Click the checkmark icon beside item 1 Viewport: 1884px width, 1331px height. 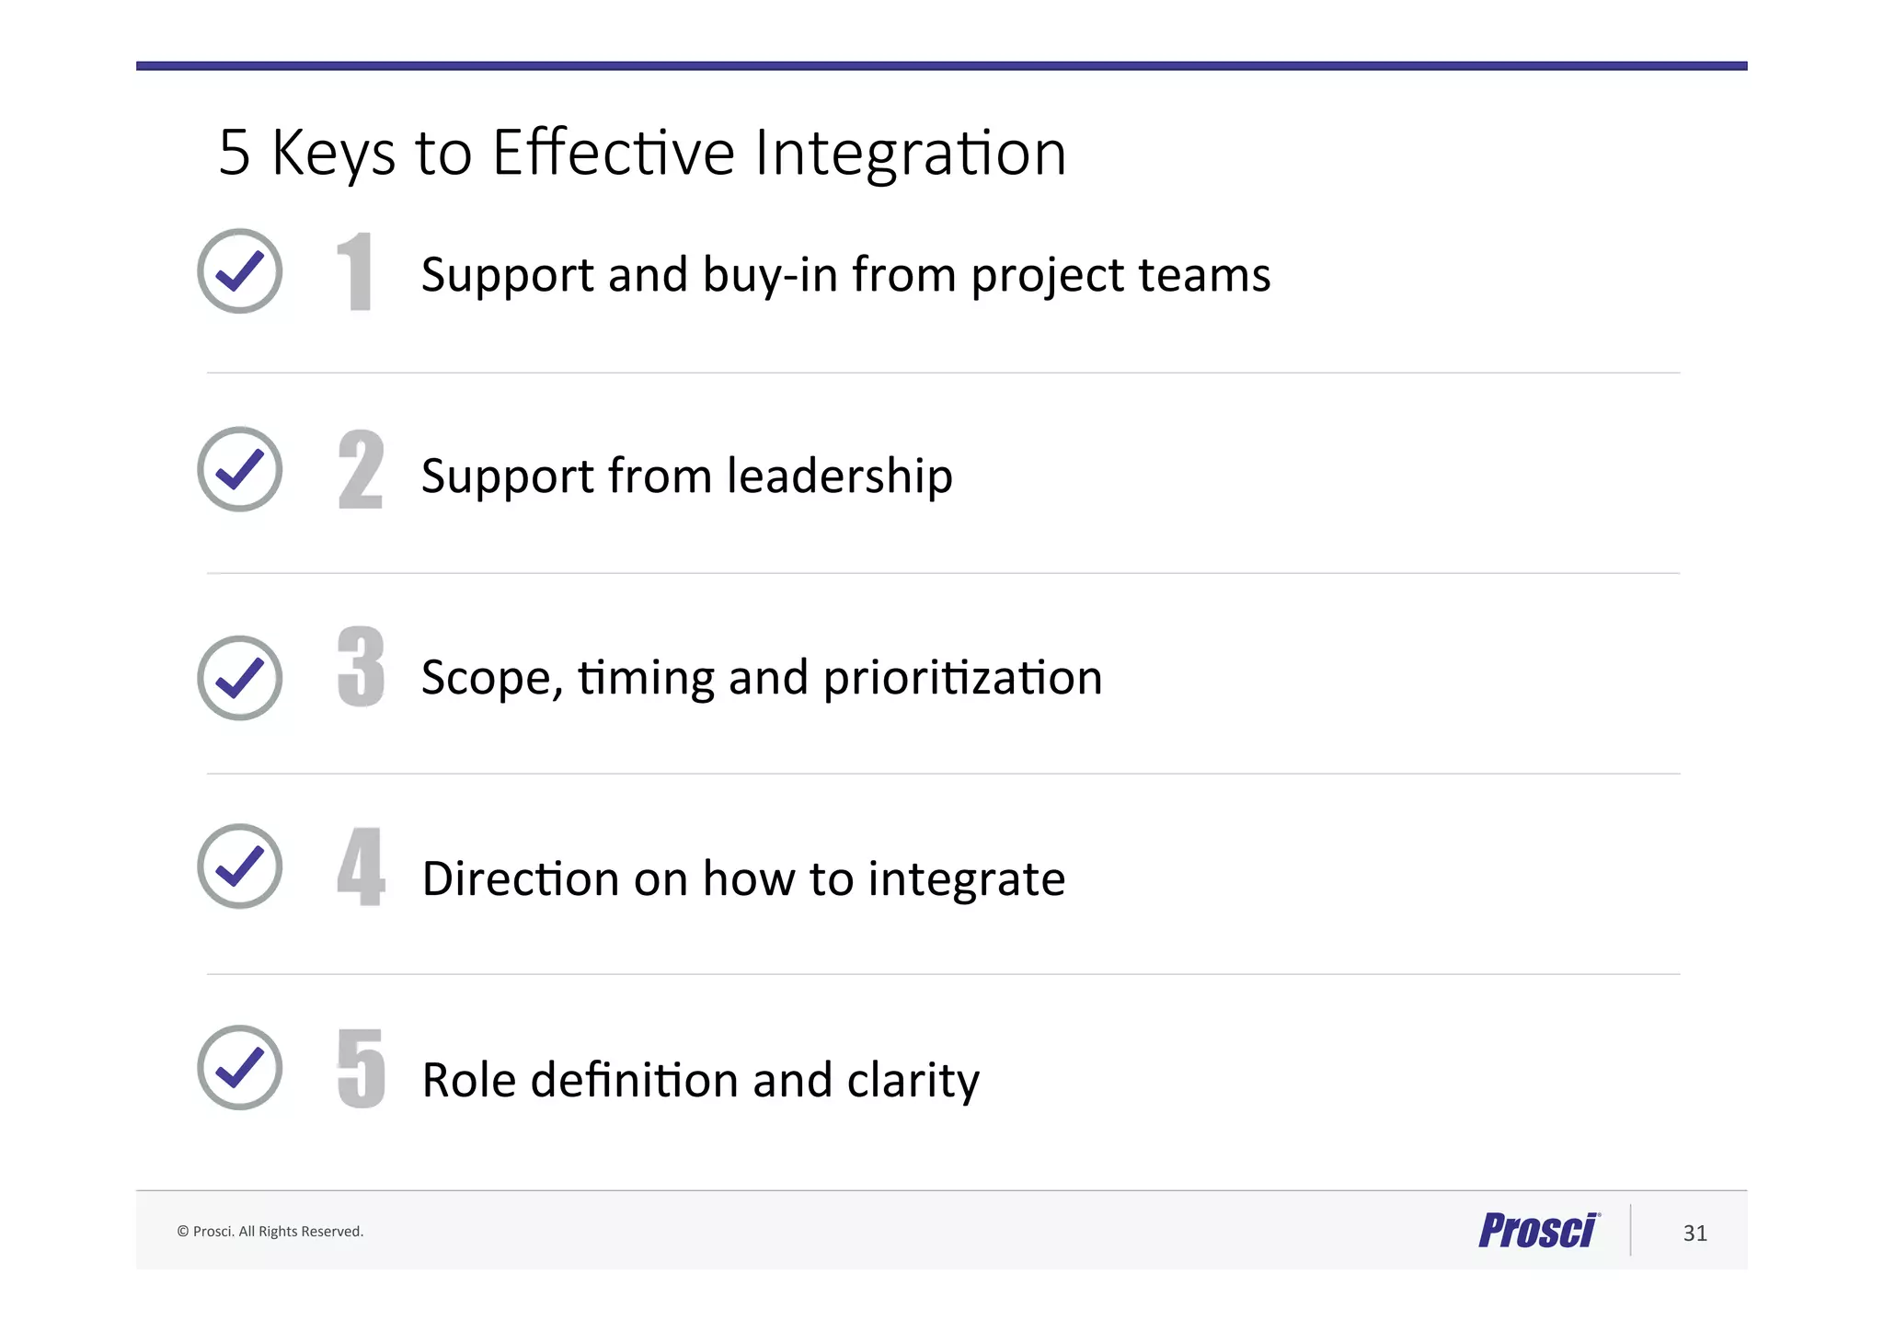click(x=239, y=271)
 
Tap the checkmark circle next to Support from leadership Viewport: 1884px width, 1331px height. click(x=239, y=469)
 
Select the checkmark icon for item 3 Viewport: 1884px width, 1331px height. click(x=239, y=678)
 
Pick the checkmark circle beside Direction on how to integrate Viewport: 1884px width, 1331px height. click(x=239, y=866)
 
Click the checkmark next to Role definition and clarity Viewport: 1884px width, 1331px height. click(x=239, y=1067)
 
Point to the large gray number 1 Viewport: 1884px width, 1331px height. click(x=355, y=271)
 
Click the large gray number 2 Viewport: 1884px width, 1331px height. click(x=361, y=469)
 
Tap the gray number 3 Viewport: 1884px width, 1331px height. click(x=361, y=667)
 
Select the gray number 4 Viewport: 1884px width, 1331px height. click(x=361, y=866)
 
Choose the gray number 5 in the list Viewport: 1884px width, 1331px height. click(x=361, y=1067)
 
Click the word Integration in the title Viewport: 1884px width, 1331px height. click(x=910, y=153)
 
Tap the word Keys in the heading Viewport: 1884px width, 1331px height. click(x=333, y=153)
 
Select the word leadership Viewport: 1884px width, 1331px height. click(x=839, y=476)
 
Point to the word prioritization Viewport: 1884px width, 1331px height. click(x=962, y=678)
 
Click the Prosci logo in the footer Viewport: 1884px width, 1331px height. click(x=1538, y=1231)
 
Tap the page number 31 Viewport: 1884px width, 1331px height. click(x=1694, y=1233)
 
